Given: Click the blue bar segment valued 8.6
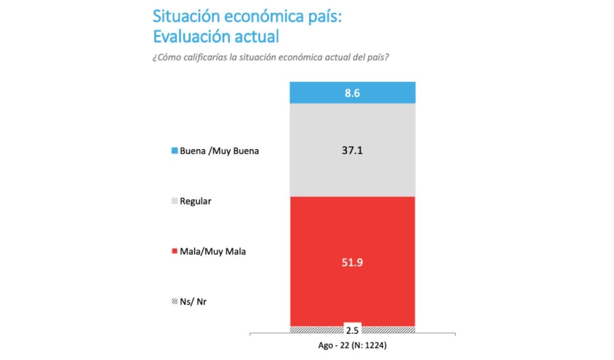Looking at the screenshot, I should tap(317, 93).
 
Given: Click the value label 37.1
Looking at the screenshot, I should tap(353, 151).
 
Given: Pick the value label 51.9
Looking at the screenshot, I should tap(353, 263).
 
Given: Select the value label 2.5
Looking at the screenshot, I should tap(353, 330).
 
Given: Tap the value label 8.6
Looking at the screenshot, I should tap(353, 93).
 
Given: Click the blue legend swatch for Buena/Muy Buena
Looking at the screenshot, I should tap(175, 151).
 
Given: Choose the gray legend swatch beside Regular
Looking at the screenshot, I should tap(175, 201).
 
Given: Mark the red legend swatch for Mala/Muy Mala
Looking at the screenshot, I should tap(175, 251).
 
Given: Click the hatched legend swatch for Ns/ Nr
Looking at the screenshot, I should tap(175, 302).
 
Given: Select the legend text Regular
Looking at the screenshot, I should tap(196, 201).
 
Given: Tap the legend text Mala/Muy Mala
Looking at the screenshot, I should tap(213, 251).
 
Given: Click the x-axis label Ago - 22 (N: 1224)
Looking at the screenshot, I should tap(352, 345).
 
